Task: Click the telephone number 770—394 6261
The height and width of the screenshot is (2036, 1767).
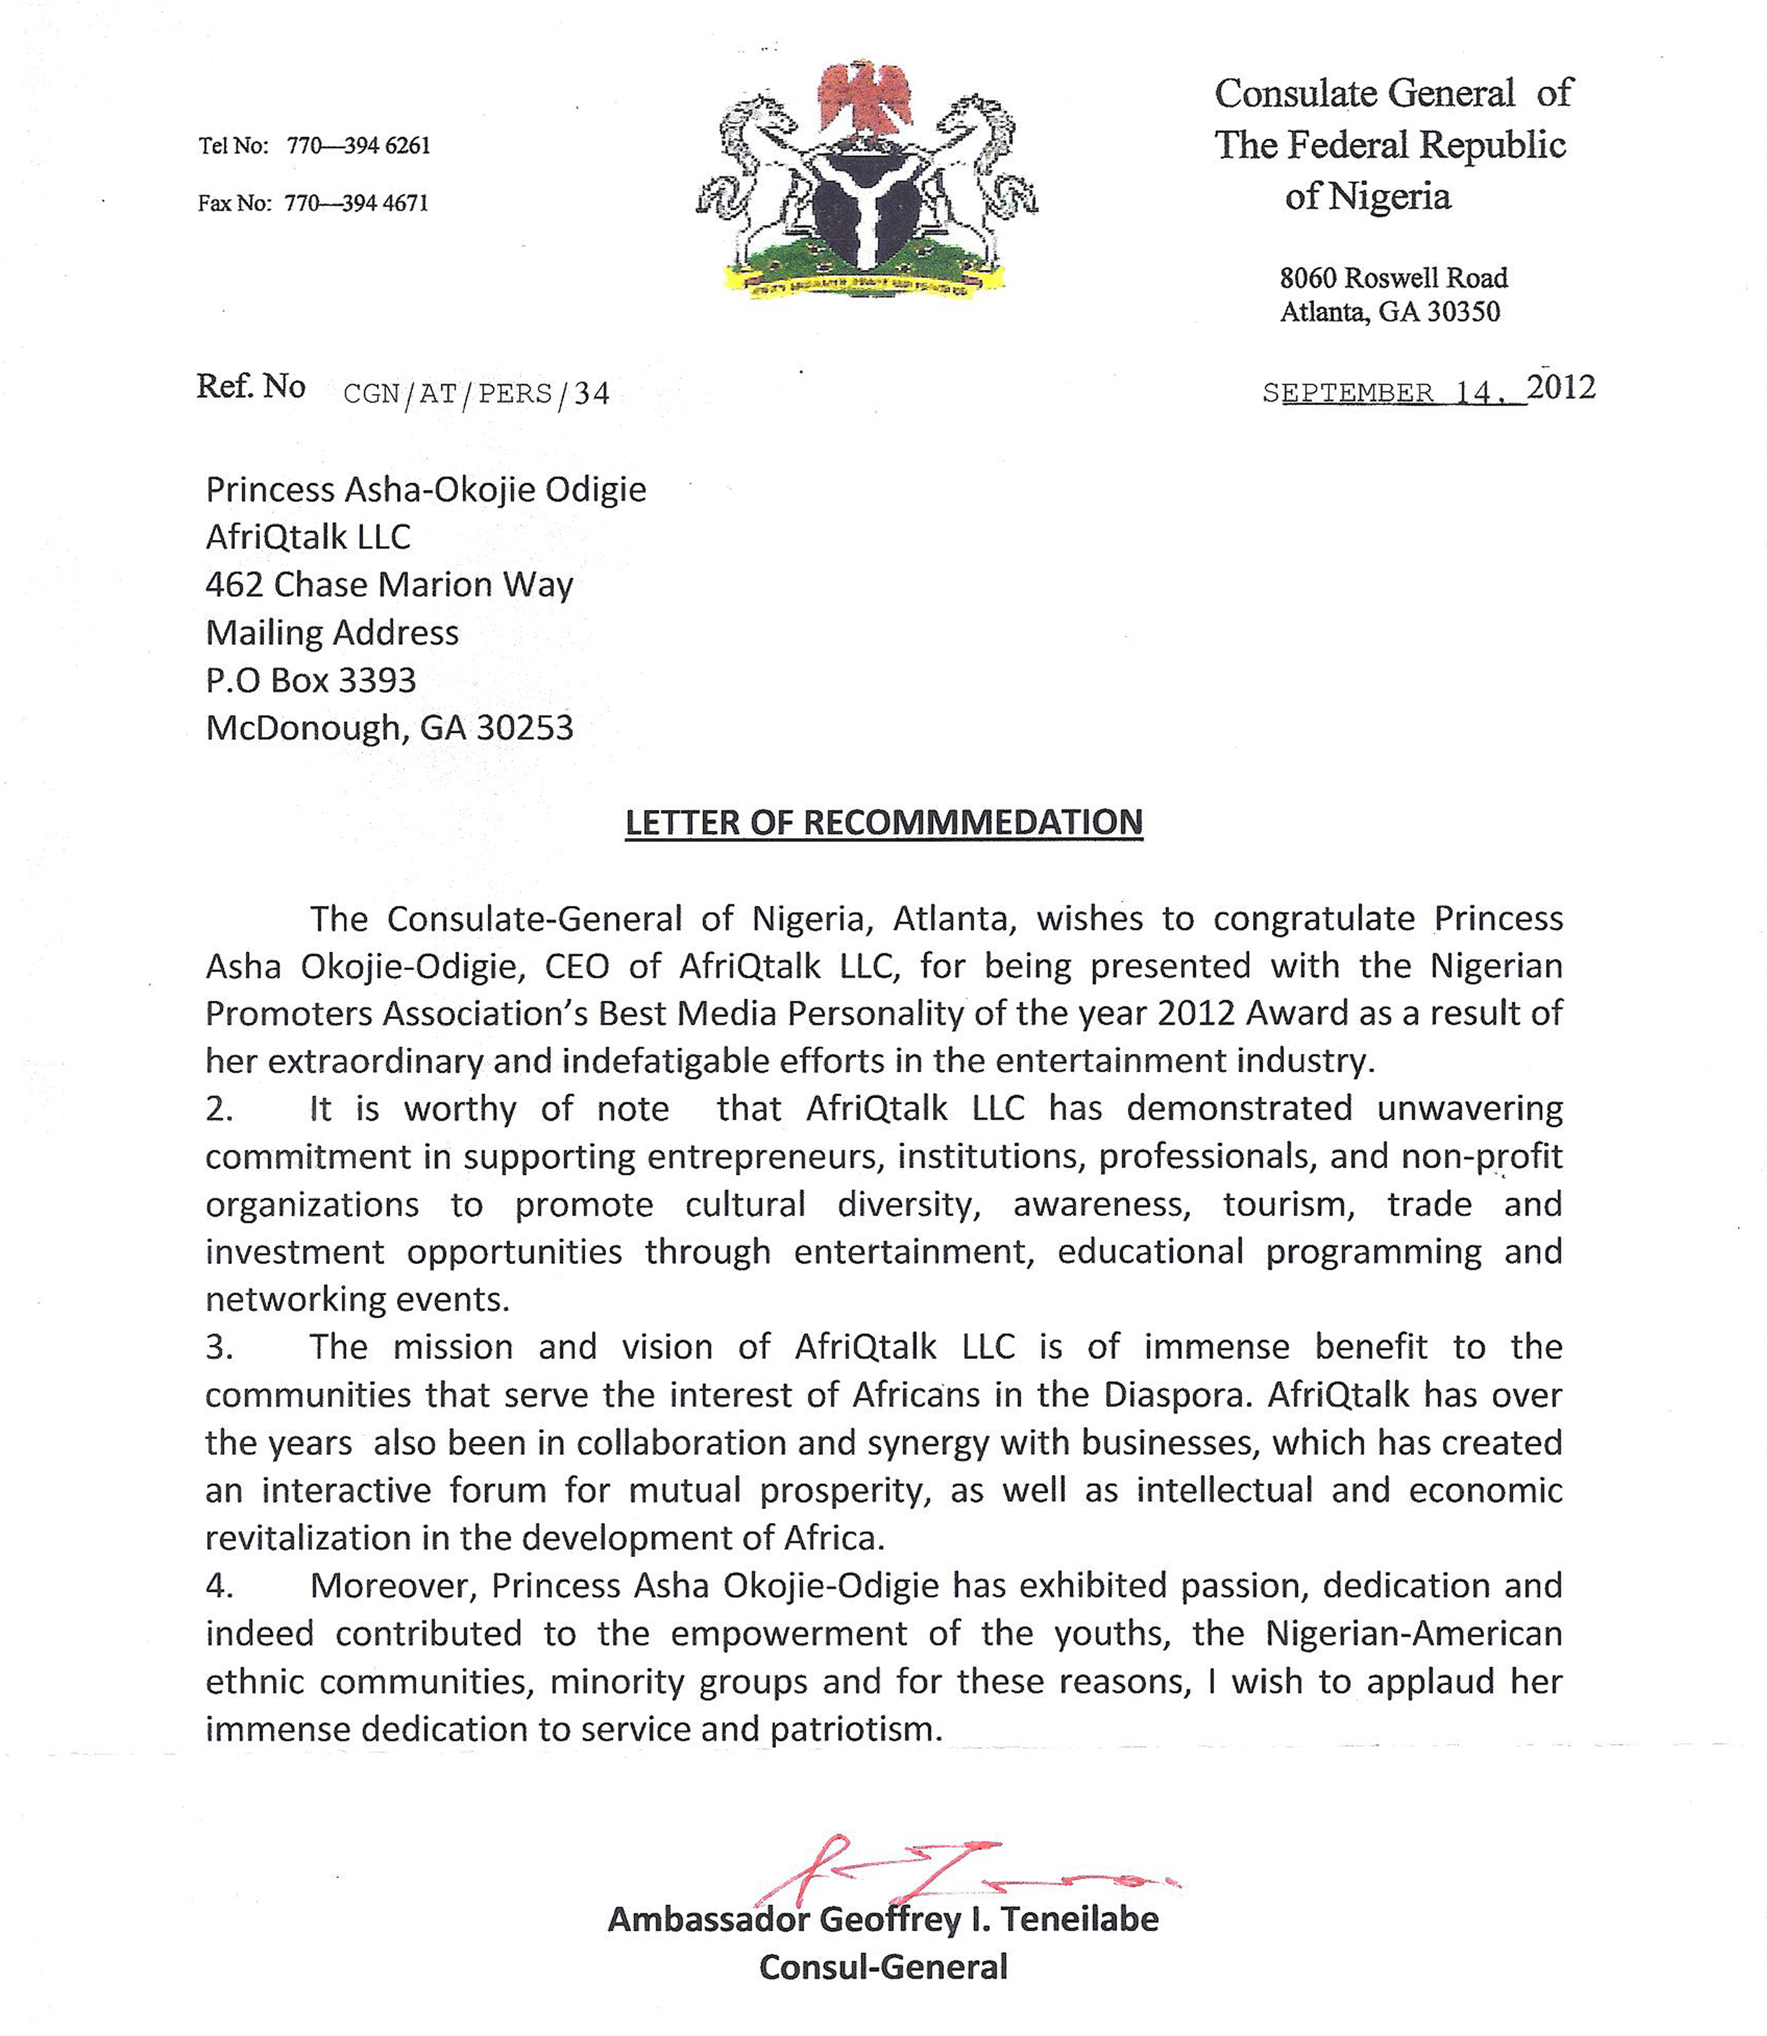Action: coord(358,146)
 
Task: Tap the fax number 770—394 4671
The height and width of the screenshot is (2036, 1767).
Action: coord(356,203)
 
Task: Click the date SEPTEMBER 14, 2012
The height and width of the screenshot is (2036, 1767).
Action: coord(1428,390)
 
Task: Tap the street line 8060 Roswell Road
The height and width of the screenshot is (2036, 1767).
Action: coord(1393,278)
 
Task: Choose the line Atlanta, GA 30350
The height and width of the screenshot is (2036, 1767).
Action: coord(1389,313)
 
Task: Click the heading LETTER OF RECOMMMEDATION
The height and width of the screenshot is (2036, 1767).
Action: coord(883,822)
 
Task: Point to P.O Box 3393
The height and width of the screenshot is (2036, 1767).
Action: coord(311,680)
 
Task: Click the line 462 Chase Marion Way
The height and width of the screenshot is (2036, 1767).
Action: coord(388,585)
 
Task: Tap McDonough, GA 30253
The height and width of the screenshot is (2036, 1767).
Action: coord(388,728)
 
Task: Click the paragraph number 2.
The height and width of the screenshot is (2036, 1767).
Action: coord(219,1109)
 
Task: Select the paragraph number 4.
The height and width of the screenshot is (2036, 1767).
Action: coord(219,1586)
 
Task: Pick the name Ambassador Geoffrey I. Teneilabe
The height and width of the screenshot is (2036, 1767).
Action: coord(883,1919)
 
